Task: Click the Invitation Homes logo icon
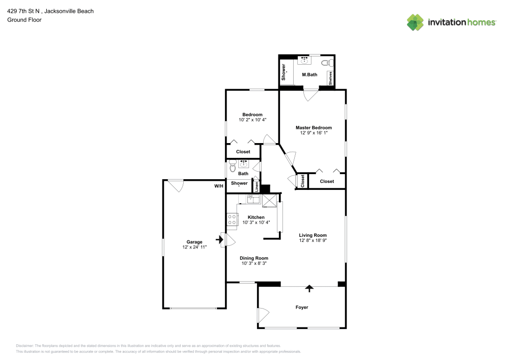pos(415,22)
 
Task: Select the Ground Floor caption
pos(24,20)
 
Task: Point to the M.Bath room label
pos(309,75)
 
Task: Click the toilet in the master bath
pos(330,63)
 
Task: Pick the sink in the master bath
pos(305,60)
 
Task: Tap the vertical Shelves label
pos(330,78)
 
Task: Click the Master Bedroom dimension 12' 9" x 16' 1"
pos(314,133)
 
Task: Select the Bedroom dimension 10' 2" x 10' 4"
pos(252,120)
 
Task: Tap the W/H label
pos(219,186)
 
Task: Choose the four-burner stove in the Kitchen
pos(232,219)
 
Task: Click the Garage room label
pos(194,242)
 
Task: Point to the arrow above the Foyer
pos(308,289)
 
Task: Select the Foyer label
pos(302,307)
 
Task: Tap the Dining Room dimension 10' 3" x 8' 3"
pos(253,263)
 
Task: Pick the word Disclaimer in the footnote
pos(25,346)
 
